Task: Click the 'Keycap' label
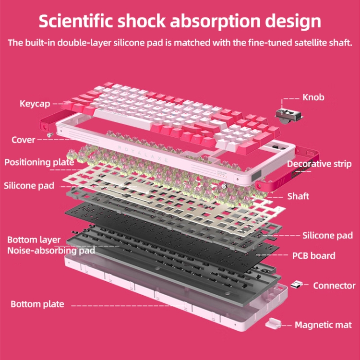click(35, 104)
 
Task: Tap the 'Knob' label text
click(313, 97)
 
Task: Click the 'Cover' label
click(23, 140)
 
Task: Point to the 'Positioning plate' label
click(39, 162)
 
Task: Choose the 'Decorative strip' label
click(319, 164)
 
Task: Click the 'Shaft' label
click(298, 196)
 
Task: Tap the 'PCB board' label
click(313, 255)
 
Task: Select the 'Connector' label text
click(334, 286)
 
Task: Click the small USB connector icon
click(296, 285)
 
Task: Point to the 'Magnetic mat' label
click(323, 325)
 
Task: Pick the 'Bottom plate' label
click(37, 304)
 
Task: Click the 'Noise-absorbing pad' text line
click(51, 250)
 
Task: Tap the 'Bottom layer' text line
click(34, 240)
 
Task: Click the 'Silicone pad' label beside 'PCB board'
click(327, 235)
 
